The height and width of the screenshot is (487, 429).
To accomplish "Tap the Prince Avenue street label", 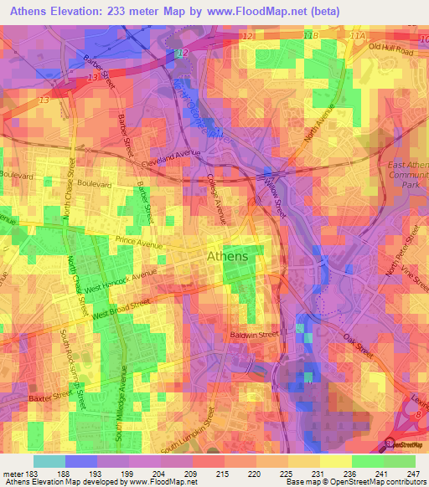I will tap(139, 244).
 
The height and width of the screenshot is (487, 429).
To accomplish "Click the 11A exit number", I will tap(359, 37).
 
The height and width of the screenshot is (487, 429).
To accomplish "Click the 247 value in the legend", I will tap(412, 474).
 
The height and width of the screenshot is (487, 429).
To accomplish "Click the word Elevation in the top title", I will tap(80, 12).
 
